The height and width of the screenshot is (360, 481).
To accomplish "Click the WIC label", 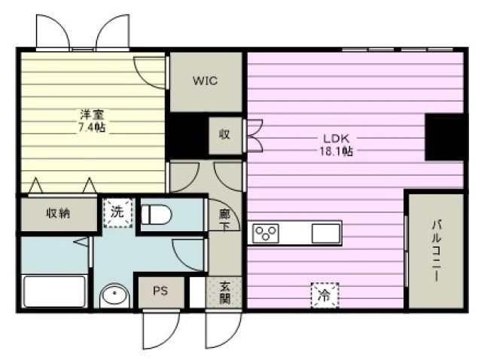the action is coord(205,81).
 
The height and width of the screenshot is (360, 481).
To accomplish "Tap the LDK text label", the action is coord(336,139).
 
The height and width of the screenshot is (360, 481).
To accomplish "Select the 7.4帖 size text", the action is coord(92,127).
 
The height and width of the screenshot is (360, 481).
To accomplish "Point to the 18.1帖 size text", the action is coord(336,151).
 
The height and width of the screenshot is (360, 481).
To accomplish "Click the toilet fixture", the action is coord(156,214).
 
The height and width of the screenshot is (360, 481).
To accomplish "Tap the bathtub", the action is coord(55,291).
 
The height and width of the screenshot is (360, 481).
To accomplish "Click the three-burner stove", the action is coord(266,233).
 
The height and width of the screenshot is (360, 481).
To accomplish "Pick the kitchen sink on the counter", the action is coord(326,233).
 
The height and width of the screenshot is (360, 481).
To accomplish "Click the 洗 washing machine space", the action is coord(117,212).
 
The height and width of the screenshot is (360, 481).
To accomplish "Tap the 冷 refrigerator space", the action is coord(324,295).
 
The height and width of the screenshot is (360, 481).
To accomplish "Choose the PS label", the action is coord(160,291).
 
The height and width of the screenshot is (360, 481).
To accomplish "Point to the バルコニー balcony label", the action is coord(437,250).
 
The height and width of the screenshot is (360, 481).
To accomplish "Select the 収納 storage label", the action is coord(58,213).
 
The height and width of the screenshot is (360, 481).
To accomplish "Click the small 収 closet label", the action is coord(224,134).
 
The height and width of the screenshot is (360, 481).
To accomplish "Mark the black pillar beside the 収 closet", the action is coord(187,136).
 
